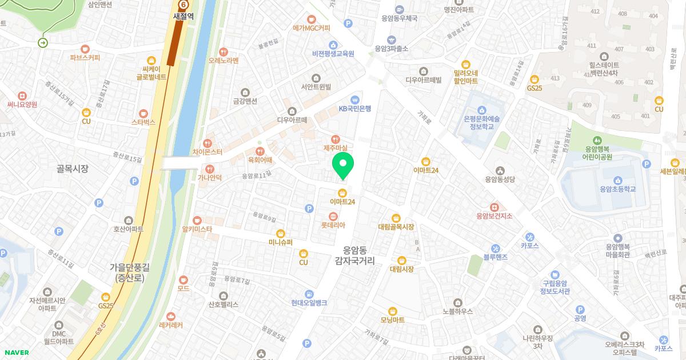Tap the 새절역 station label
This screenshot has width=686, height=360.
pyautogui.click(x=184, y=16)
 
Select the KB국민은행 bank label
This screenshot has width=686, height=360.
pyautogui.click(x=355, y=108)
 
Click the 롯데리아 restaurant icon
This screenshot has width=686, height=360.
pyautogui.click(x=333, y=215)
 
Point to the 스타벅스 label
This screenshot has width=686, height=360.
pyautogui.click(x=143, y=122)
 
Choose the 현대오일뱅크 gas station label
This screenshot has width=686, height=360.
pyautogui.click(x=309, y=302)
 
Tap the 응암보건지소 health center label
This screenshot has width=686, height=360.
pyautogui.click(x=494, y=215)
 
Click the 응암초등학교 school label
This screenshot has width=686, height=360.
pyautogui.click(x=618, y=189)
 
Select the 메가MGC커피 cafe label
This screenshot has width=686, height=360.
pyautogui.click(x=312, y=27)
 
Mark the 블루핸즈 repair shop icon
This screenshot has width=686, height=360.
pyautogui.click(x=495, y=249)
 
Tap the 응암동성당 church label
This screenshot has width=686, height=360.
pyautogui.click(x=500, y=179)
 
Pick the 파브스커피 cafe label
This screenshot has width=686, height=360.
pyautogui.click(x=85, y=57)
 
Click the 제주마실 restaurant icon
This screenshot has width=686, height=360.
pyautogui.click(x=336, y=138)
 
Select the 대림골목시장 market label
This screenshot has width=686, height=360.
pyautogui.click(x=396, y=227)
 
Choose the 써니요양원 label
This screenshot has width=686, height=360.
pyautogui.click(x=22, y=105)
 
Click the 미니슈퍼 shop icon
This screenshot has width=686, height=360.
pyautogui.click(x=281, y=233)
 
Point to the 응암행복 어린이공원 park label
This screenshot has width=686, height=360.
pyautogui.click(x=597, y=152)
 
